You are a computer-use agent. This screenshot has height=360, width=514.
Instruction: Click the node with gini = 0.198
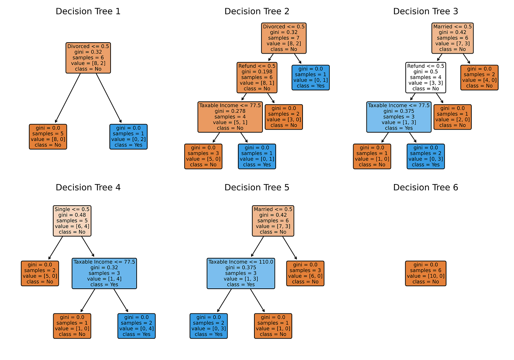coord(257,77)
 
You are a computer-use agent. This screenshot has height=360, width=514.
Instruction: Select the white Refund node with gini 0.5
coord(426,77)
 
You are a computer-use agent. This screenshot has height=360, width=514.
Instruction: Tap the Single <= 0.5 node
coord(72,220)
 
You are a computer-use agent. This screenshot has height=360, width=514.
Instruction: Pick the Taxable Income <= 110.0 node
coord(241,273)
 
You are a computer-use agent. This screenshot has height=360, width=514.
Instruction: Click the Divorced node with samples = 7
coord(284,38)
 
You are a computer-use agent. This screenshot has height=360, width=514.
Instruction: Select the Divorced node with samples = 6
coord(88,58)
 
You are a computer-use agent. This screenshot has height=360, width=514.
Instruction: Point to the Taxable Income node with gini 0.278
coord(230,117)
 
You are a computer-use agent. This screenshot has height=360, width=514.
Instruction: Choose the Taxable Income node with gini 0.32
coord(104,273)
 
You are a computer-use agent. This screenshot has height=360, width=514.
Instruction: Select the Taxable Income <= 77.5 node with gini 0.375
coord(399,117)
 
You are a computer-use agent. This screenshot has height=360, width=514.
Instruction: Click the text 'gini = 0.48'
coord(72,215)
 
